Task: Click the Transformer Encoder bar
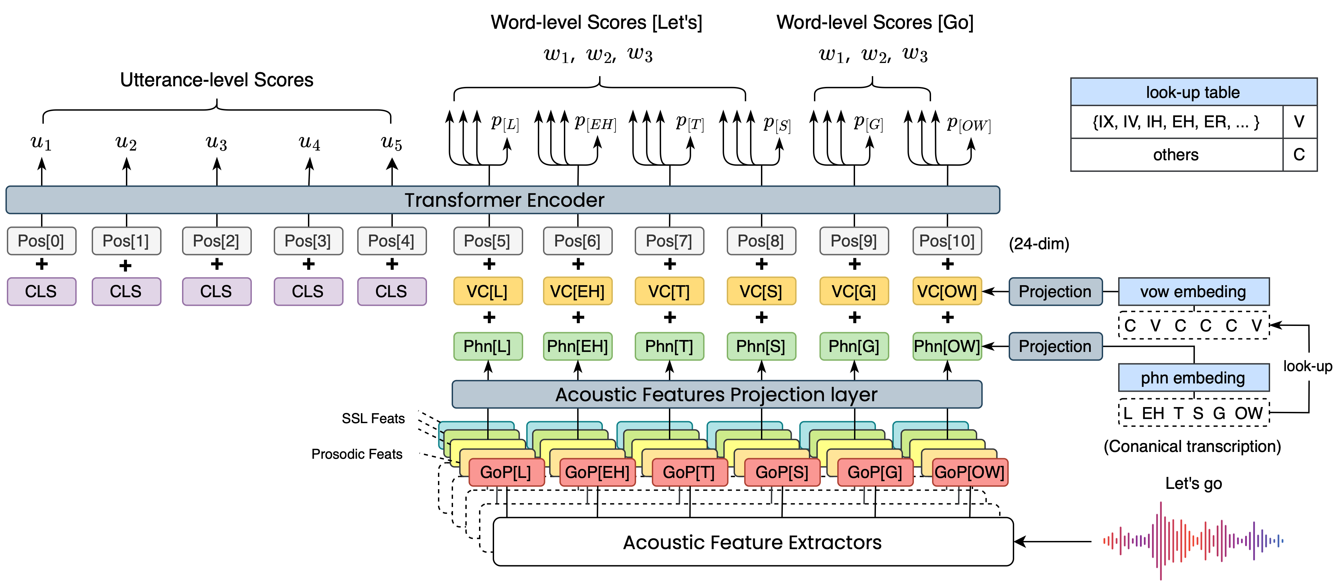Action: (x=503, y=200)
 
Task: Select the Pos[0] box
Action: (x=41, y=241)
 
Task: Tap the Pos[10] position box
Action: (x=947, y=241)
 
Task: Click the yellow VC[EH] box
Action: (x=578, y=291)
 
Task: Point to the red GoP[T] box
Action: (x=689, y=472)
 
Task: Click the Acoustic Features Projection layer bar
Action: (x=716, y=395)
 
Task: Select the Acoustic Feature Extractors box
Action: (x=752, y=542)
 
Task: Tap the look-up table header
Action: (x=1193, y=92)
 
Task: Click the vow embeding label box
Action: (x=1193, y=291)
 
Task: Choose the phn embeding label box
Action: (x=1193, y=377)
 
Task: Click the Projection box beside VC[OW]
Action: (x=1055, y=291)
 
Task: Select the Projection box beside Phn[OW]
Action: (x=1055, y=346)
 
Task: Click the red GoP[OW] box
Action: (x=969, y=472)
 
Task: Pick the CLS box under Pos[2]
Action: (x=216, y=291)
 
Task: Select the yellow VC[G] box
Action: (x=854, y=291)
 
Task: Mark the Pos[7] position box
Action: (x=669, y=241)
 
